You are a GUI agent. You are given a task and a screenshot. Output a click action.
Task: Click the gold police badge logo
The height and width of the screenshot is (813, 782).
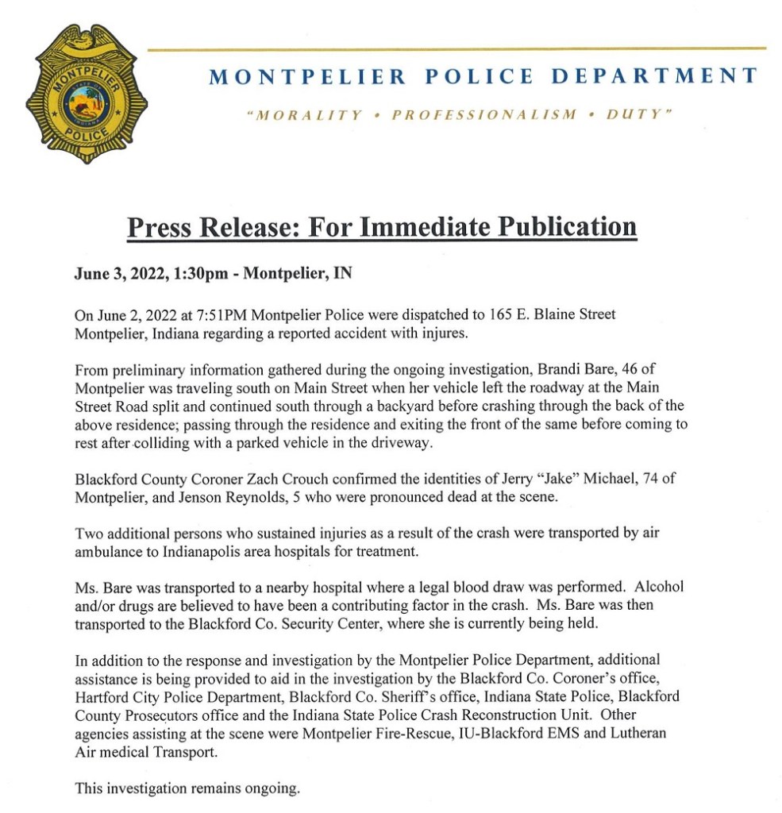(86, 94)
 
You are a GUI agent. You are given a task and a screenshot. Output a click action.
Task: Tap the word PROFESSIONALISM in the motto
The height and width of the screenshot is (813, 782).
(484, 115)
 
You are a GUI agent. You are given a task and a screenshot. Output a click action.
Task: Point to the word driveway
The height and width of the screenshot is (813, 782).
(404, 443)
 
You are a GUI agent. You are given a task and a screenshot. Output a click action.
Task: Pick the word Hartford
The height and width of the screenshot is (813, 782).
(102, 698)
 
